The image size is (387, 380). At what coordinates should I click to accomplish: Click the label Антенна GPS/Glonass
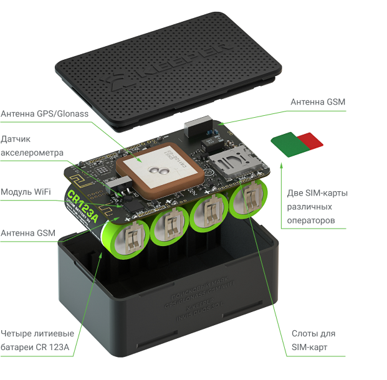coord(45,114)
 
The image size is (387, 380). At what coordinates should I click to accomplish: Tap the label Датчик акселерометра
coord(32,145)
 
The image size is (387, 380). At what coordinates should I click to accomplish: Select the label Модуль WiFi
coord(26,191)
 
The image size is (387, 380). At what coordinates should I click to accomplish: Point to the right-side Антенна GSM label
coord(318,102)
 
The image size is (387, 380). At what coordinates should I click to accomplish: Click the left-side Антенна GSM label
coord(28,233)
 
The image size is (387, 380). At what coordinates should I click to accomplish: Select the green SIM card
coord(287,142)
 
